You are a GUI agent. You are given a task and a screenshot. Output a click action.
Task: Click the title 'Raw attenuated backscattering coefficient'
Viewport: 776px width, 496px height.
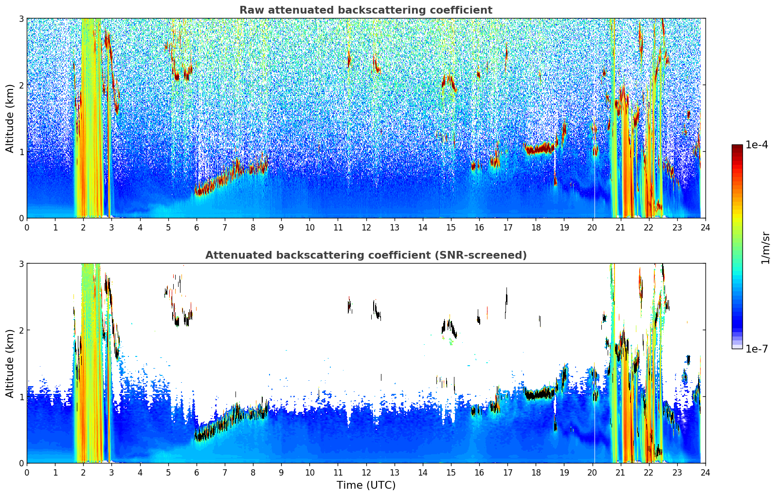pyautogui.click(x=365, y=10)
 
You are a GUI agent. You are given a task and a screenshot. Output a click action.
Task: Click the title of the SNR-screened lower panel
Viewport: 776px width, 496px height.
pyautogui.click(x=365, y=255)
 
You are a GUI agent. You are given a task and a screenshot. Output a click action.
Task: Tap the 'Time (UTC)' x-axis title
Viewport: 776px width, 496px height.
pyautogui.click(x=366, y=485)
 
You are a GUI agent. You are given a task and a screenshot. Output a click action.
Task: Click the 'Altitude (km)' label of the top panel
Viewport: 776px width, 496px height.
pyautogui.click(x=10, y=118)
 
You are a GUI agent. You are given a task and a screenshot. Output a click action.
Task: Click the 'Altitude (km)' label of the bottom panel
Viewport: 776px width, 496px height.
pyautogui.click(x=10, y=363)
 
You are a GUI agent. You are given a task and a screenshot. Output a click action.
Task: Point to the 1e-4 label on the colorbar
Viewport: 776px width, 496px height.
pyautogui.click(x=757, y=145)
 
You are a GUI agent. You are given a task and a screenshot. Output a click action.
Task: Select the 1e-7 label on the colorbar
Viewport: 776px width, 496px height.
pyautogui.click(x=757, y=349)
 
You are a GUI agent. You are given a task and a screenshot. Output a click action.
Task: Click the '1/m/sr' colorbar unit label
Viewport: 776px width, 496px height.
pyautogui.click(x=765, y=248)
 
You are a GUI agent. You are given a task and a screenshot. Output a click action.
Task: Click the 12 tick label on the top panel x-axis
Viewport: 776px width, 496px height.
pyautogui.click(x=366, y=228)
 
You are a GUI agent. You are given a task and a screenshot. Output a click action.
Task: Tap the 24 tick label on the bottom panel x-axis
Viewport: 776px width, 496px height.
pyautogui.click(x=705, y=473)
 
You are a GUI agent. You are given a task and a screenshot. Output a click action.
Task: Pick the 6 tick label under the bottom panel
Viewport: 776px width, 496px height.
pyautogui.click(x=197, y=473)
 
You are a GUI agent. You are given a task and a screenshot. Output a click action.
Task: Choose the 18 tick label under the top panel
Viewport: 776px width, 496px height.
pyautogui.click(x=536, y=228)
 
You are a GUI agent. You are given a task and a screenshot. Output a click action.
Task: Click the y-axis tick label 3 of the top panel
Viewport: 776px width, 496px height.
pyautogui.click(x=21, y=18)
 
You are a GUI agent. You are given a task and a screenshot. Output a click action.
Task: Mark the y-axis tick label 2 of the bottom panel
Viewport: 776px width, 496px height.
pyautogui.click(x=21, y=330)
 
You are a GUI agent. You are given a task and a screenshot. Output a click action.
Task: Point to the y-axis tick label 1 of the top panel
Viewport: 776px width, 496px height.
pyautogui.click(x=21, y=152)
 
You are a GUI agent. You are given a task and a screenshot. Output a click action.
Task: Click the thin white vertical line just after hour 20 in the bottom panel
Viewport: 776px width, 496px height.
pyautogui.click(x=595, y=428)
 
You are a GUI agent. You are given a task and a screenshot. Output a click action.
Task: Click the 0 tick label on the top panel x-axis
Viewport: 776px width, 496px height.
pyautogui.click(x=27, y=228)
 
